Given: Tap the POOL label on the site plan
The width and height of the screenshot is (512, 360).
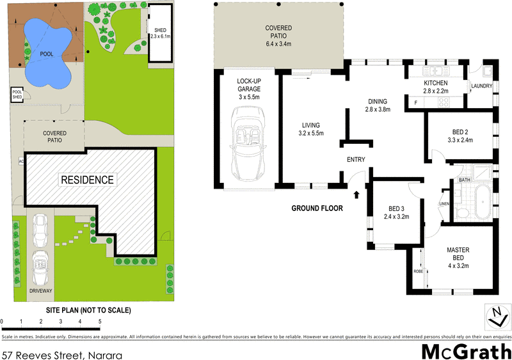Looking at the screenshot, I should click(x=46, y=54).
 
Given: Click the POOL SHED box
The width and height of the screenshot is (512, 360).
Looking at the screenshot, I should click(x=17, y=95).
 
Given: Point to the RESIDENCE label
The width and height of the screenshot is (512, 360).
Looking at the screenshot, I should click(x=87, y=180).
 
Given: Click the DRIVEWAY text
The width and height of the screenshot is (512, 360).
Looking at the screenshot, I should click(x=40, y=291).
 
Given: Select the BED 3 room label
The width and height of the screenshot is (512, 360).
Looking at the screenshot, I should click(x=397, y=212).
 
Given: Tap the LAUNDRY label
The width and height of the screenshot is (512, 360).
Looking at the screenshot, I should click(x=481, y=86).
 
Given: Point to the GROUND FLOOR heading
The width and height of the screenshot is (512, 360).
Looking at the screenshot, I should click(x=317, y=208).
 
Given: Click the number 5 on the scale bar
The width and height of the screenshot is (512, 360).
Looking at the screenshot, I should click(x=99, y=322).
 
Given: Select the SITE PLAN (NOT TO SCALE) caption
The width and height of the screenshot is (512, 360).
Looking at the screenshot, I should click(x=88, y=310).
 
